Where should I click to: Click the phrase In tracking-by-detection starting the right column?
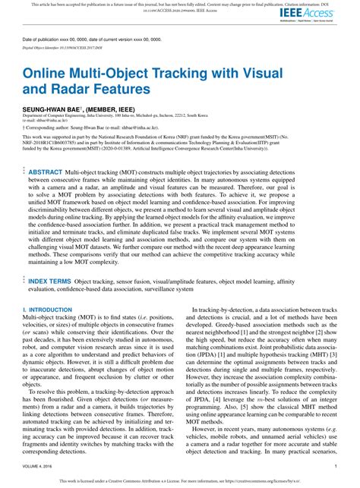219,310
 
